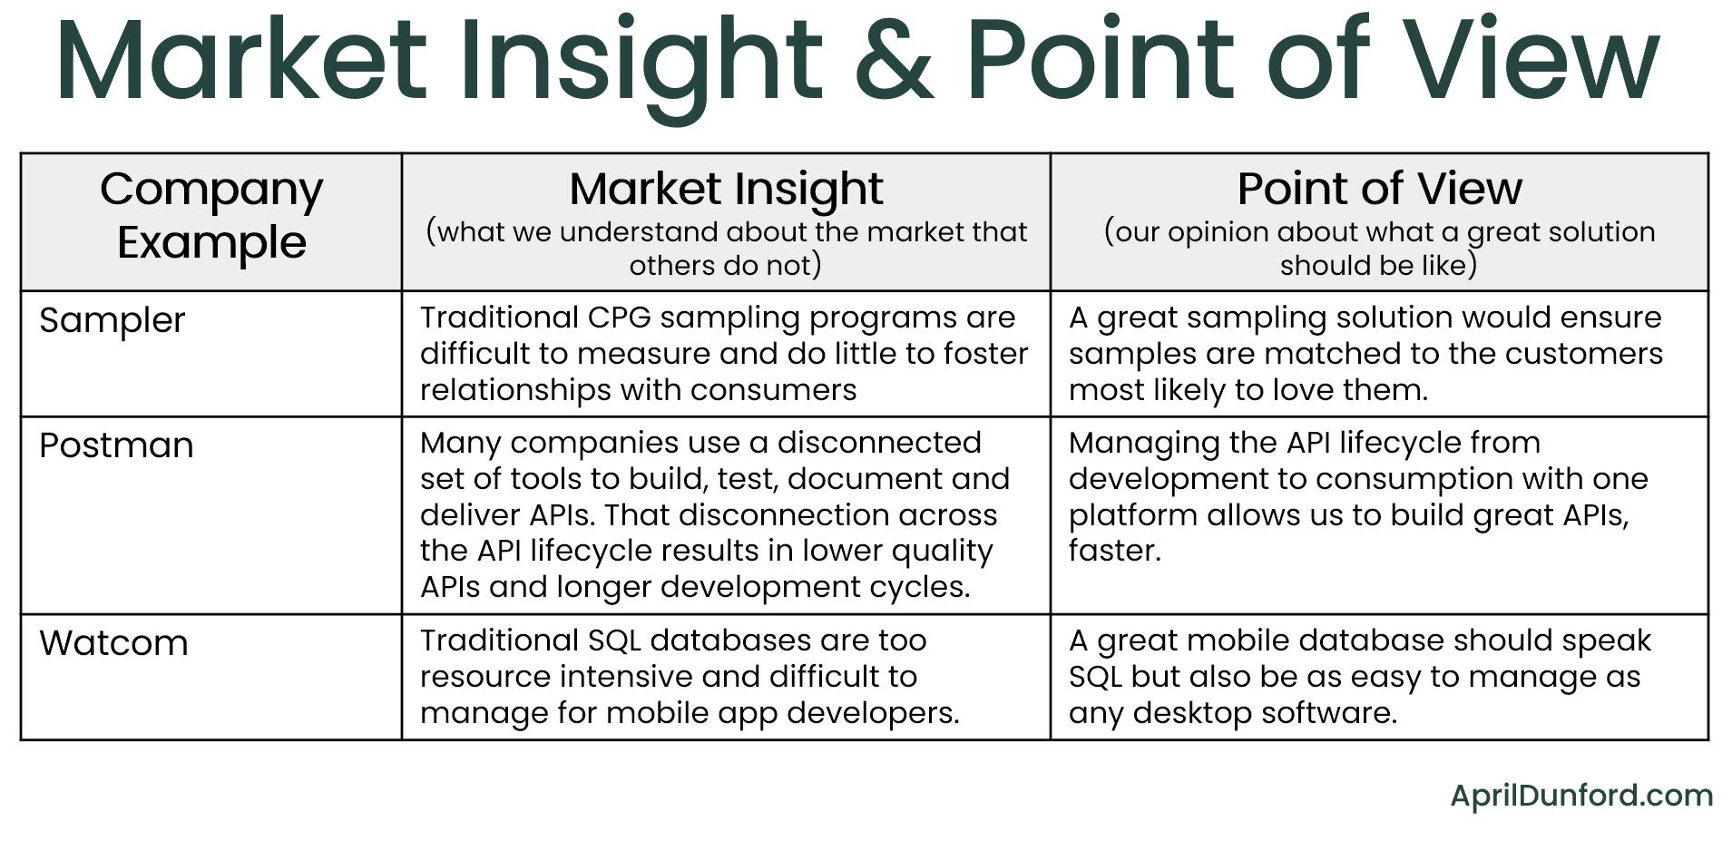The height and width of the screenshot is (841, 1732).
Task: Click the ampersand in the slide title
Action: click(x=895, y=60)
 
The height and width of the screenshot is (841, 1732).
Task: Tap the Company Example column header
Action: click(x=211, y=216)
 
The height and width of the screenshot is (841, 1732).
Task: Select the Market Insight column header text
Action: click(x=726, y=189)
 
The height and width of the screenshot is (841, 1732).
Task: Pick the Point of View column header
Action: click(x=1379, y=189)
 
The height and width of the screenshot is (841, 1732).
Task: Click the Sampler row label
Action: click(x=113, y=320)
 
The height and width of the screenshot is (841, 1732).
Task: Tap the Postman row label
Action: click(x=116, y=445)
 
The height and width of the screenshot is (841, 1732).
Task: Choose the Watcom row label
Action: click(x=114, y=643)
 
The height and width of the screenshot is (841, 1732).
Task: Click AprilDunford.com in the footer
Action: click(x=1580, y=796)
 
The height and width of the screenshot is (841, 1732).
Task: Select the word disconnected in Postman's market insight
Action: click(x=879, y=443)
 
